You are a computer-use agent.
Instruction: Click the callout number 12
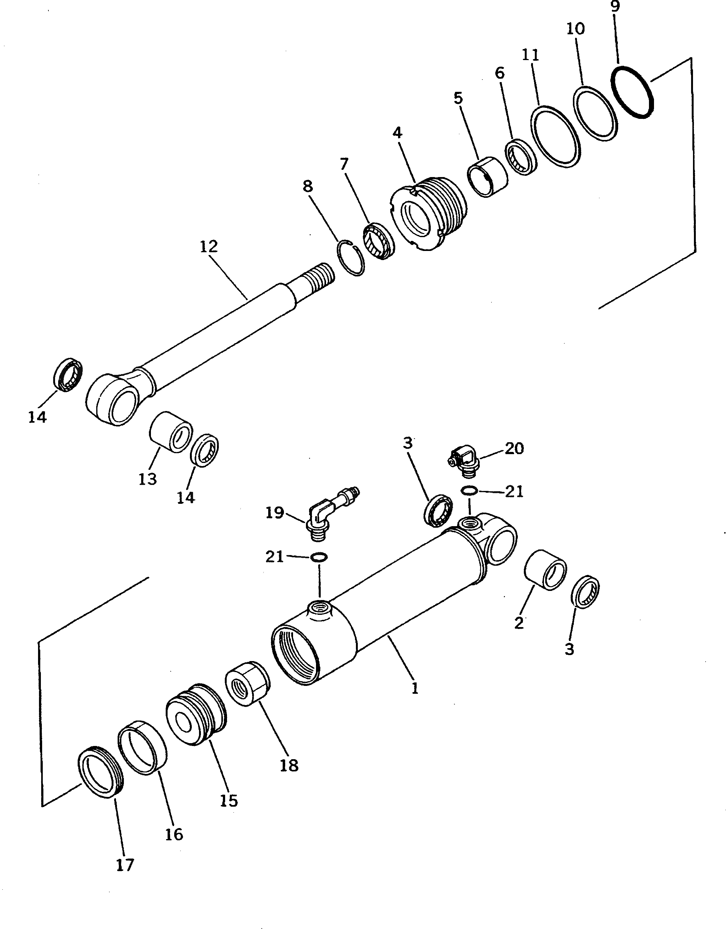[209, 247]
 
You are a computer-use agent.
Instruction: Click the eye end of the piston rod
[111, 398]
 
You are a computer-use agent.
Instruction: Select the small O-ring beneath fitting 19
[319, 557]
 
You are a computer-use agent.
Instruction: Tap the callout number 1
[415, 688]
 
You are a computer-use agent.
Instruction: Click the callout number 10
[575, 29]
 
